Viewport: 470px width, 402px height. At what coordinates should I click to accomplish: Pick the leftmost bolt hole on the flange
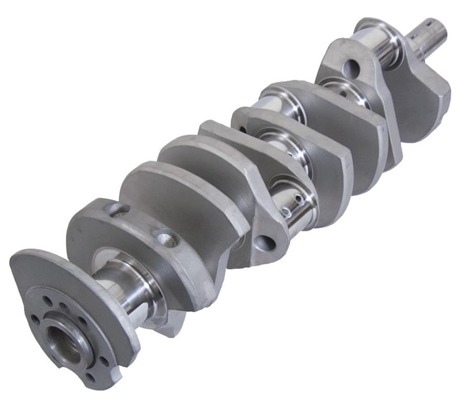point(35,319)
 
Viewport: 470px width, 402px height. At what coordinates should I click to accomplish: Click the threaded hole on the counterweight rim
point(168,239)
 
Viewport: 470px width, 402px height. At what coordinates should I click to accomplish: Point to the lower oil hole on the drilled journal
point(286,212)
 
